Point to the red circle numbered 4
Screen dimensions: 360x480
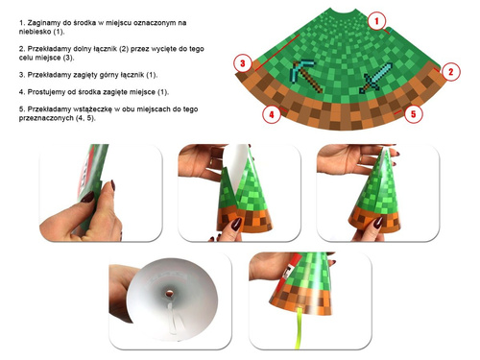(x=272, y=115)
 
